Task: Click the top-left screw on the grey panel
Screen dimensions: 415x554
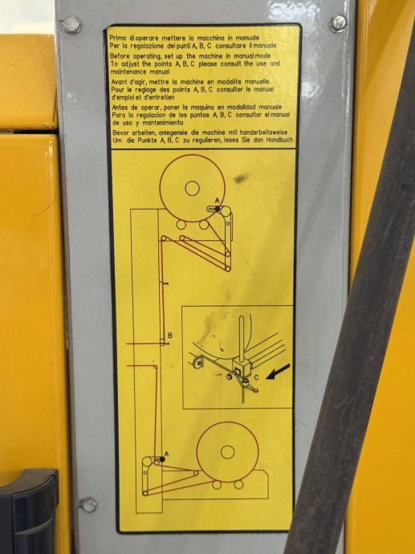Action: click(72, 25)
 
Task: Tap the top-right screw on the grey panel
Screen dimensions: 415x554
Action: click(338, 23)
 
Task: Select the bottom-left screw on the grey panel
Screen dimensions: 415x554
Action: click(88, 504)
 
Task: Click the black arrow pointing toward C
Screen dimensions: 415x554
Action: click(278, 372)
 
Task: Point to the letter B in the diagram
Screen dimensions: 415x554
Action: click(170, 335)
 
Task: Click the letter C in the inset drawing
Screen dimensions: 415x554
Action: click(256, 377)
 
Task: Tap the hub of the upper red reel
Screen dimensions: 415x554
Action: click(192, 189)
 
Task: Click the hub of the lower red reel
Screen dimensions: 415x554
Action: click(227, 452)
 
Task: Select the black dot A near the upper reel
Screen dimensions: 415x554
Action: click(218, 210)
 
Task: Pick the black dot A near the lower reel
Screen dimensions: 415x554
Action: click(162, 459)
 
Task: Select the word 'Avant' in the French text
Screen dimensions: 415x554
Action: click(118, 82)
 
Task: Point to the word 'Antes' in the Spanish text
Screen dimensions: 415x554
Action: click(120, 107)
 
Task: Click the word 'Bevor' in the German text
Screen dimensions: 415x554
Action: click(120, 132)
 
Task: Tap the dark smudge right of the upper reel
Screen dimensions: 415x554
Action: click(242, 179)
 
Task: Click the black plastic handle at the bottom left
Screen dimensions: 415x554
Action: click(29, 511)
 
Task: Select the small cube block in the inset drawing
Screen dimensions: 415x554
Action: click(242, 368)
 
